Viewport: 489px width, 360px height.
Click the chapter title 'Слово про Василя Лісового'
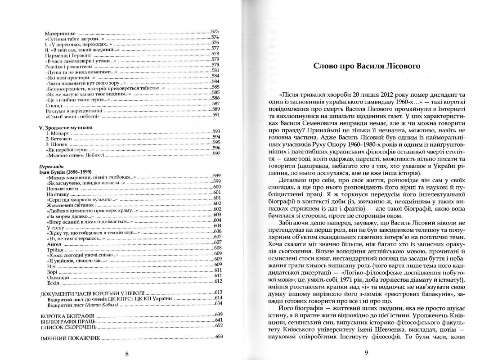(367, 66)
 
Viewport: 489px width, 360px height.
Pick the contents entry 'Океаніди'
(57, 276)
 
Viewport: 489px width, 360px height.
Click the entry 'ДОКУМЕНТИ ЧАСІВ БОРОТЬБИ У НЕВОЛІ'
(87, 293)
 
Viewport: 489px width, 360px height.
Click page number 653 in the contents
(219, 337)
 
